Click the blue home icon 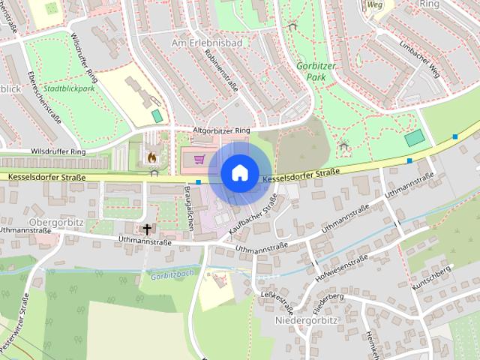pos(238,172)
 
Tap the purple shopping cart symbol pos(199,159)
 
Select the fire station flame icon pos(153,158)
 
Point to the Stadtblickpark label pos(69,88)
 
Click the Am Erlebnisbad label pos(207,43)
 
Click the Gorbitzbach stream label pos(172,275)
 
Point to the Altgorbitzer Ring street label pos(221,130)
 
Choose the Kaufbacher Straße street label pos(258,213)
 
